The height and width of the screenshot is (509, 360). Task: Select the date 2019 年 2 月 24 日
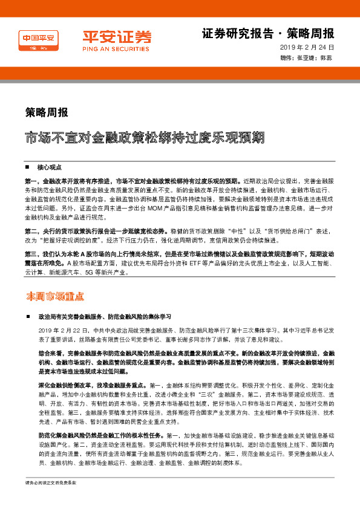coord(307,48)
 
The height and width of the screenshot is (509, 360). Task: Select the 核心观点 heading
coord(50,167)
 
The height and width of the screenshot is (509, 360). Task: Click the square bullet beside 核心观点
coord(28,167)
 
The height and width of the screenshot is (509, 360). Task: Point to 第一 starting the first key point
coord(30,181)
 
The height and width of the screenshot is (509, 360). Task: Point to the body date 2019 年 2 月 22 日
coord(63,331)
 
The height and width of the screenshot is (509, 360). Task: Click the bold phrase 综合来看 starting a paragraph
coord(50,352)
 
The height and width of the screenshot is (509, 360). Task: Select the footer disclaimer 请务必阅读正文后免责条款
coord(51,501)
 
